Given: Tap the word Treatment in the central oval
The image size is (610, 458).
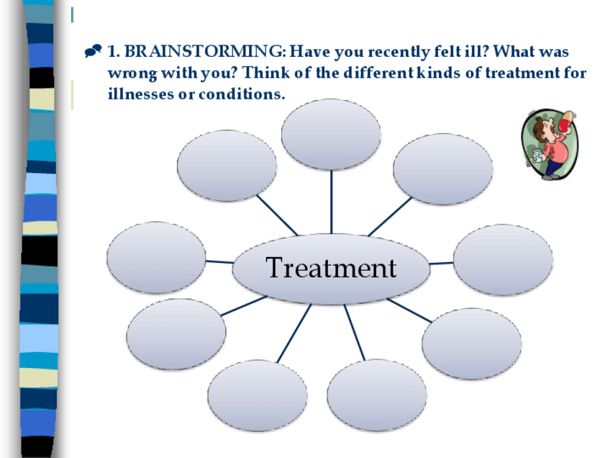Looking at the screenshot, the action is coord(331,268).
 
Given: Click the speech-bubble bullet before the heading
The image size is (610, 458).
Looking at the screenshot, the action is coord(93,51).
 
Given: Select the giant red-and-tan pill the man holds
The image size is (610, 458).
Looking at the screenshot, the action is coord(565,122).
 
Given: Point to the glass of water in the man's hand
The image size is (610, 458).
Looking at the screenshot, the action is coord(537,157).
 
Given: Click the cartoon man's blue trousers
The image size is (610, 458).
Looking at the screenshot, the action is coord(554,168).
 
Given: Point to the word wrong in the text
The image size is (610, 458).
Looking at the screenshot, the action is coord(132,73).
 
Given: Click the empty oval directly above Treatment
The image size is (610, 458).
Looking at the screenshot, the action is coord(331,135).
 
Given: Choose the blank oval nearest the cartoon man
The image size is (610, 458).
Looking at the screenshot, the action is coord(443,169).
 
